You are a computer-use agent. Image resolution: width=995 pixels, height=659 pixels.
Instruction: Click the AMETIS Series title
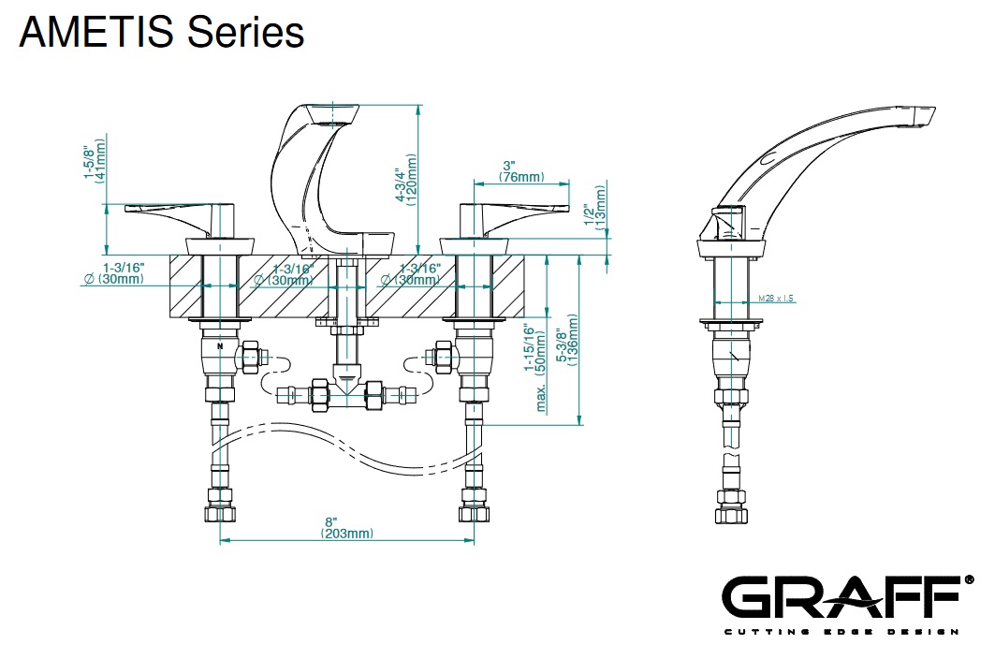(161, 33)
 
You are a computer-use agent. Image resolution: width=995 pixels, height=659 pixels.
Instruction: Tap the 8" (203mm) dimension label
(345, 527)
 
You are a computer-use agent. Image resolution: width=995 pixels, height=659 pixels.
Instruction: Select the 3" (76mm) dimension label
(520, 170)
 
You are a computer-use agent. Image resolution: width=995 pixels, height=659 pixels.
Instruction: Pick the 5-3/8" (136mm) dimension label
(566, 343)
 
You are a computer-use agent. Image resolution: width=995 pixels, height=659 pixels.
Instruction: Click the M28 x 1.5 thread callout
(775, 299)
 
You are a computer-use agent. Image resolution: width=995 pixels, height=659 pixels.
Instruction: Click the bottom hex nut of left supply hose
(221, 513)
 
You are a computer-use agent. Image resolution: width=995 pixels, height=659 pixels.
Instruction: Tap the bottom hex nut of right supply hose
(473, 513)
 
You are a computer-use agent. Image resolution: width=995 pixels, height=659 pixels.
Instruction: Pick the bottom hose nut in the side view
(730, 513)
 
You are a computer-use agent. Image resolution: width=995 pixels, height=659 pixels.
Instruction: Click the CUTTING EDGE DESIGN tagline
(841, 632)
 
